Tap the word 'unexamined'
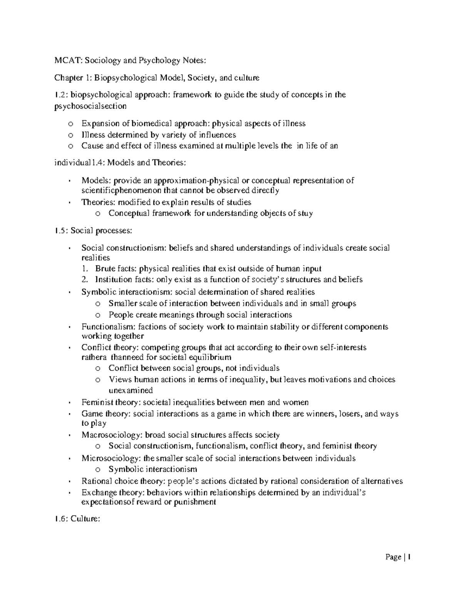pyautogui.click(x=131, y=390)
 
